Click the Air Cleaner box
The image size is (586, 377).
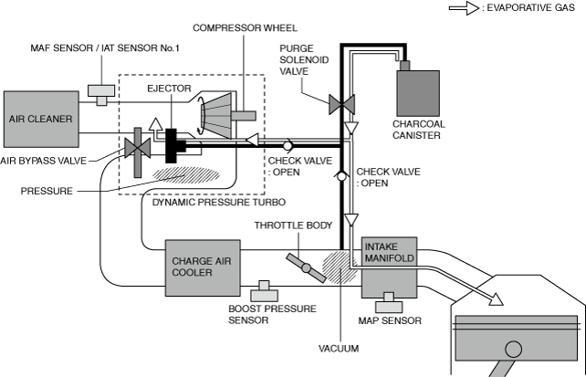(41, 119)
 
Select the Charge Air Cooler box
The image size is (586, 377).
(203, 267)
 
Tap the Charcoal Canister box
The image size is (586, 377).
(418, 93)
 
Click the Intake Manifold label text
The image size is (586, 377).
(390, 252)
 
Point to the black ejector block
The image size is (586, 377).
(172, 145)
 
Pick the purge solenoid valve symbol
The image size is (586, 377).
(341, 105)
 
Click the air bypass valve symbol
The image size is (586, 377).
(138, 148)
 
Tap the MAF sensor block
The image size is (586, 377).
(101, 95)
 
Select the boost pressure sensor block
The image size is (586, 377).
(264, 291)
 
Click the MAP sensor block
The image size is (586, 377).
(389, 303)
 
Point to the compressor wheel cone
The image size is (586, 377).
(216, 116)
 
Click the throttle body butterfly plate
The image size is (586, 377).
(306, 267)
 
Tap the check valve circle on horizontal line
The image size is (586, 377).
(288, 145)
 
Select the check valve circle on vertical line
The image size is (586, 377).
(341, 176)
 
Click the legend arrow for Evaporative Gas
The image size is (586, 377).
(464, 8)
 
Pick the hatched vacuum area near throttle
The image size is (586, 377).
(340, 267)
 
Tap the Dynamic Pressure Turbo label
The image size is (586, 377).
(219, 202)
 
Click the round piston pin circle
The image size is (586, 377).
(513, 350)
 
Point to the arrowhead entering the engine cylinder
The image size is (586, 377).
(497, 298)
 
